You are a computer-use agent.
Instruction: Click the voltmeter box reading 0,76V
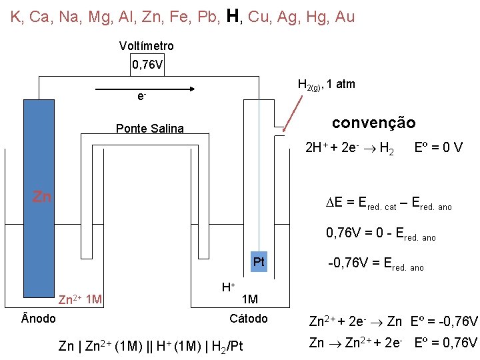pos(147,65)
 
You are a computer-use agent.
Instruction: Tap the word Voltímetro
pos(146,46)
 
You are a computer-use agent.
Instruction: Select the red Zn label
pos(43,197)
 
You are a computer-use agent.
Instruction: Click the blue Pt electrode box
pos(259,262)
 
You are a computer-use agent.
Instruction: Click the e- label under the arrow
pos(141,97)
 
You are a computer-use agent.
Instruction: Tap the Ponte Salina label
pos(149,129)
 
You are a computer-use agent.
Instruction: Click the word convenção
pos(373,123)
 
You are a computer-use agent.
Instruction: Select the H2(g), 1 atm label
pos(326,85)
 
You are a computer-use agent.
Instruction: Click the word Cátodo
pos(248,319)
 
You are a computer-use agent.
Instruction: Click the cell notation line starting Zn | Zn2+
pos(151,345)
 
